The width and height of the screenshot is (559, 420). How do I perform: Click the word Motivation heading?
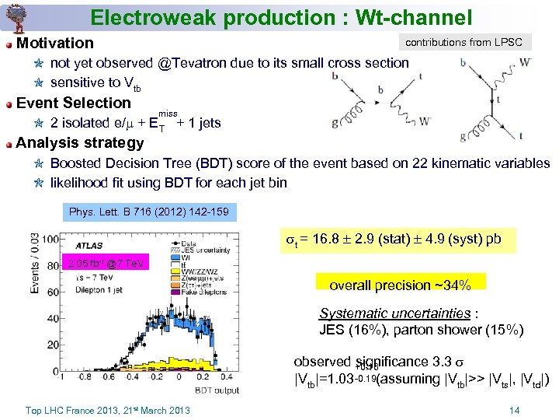click(54, 43)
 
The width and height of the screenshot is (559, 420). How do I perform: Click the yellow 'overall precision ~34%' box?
click(400, 285)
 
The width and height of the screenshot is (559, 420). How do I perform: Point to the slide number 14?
click(514, 411)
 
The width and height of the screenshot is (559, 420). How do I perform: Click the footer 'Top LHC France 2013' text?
click(107, 411)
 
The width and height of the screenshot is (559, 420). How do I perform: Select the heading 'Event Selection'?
click(74, 103)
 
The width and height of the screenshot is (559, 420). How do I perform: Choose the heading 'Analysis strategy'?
click(80, 142)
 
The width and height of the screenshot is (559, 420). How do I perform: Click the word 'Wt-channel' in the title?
click(403, 16)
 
